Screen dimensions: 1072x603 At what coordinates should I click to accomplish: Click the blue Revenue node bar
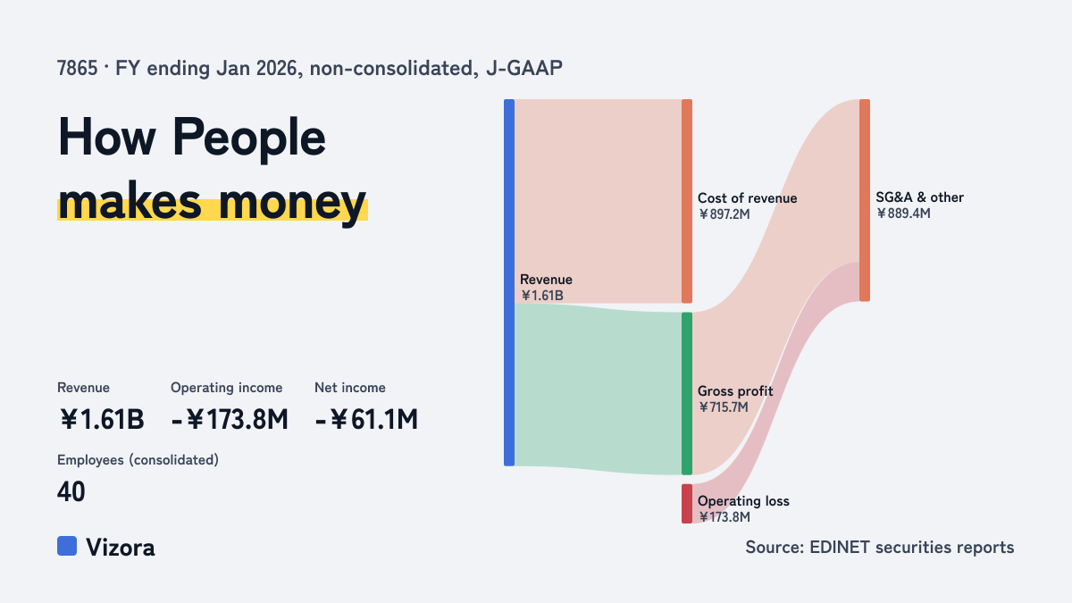[509, 282]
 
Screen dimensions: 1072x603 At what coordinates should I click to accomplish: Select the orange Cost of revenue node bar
[687, 201]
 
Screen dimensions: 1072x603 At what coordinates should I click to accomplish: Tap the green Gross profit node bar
[687, 393]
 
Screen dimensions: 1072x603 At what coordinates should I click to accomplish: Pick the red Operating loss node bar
[687, 504]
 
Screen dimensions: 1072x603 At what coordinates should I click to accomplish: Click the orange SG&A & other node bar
[865, 200]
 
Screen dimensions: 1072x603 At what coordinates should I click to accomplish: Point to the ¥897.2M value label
[724, 214]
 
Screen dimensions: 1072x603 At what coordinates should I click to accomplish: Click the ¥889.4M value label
[903, 213]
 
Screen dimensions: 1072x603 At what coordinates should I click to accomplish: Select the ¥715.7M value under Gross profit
[723, 407]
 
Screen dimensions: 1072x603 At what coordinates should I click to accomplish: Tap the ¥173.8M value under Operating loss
[724, 517]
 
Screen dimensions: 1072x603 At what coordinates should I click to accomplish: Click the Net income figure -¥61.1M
[366, 419]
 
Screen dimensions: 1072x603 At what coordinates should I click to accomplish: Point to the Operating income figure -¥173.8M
[230, 419]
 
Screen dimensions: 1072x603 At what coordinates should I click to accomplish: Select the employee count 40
[71, 491]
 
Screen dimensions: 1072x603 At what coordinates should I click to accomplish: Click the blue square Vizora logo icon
[67, 546]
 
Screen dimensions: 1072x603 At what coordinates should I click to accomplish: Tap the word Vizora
[121, 548]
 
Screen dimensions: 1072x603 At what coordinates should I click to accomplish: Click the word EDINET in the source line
[840, 547]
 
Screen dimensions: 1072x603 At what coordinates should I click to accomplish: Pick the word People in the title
[249, 138]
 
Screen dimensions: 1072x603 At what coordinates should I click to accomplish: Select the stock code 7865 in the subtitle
[77, 68]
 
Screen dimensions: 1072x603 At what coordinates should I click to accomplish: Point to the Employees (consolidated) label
[138, 460]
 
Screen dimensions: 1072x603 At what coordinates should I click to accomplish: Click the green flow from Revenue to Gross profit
[599, 389]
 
